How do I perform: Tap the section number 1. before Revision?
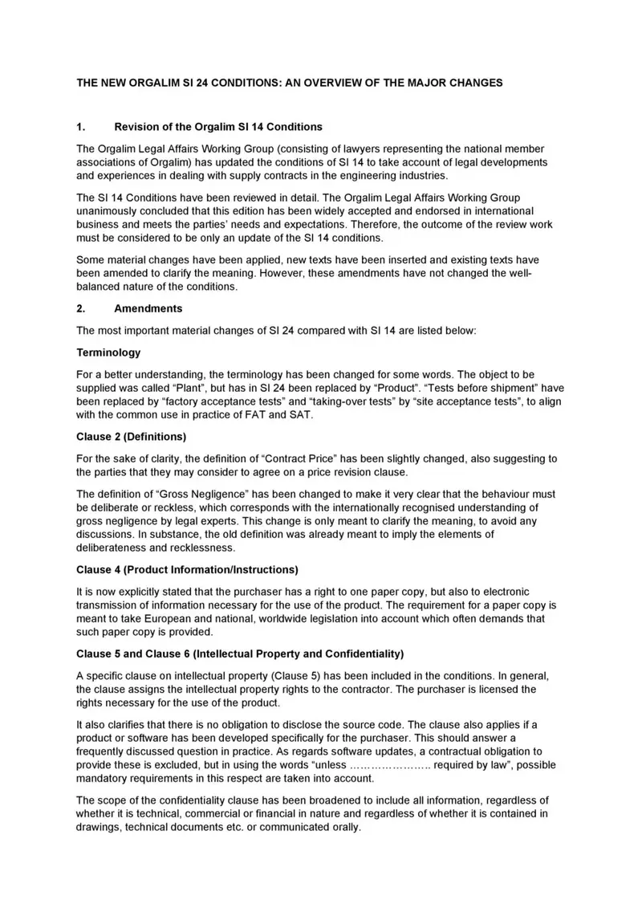pyautogui.click(x=80, y=127)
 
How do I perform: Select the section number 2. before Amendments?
pyautogui.click(x=80, y=308)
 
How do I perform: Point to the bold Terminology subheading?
pyautogui.click(x=108, y=352)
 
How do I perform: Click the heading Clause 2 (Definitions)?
pyautogui.click(x=131, y=437)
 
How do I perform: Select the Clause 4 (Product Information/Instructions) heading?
pyautogui.click(x=187, y=570)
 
